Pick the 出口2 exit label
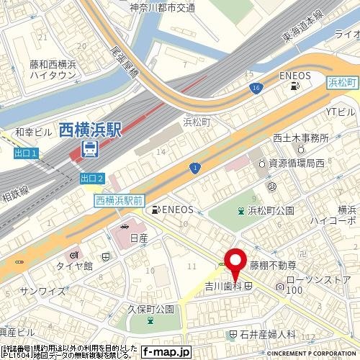click(x=93, y=178)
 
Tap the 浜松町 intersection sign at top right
click(x=341, y=83)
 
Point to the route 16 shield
click(x=256, y=87)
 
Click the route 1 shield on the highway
click(x=195, y=167)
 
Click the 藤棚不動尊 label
click(x=274, y=265)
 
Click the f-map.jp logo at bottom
click(x=165, y=352)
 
